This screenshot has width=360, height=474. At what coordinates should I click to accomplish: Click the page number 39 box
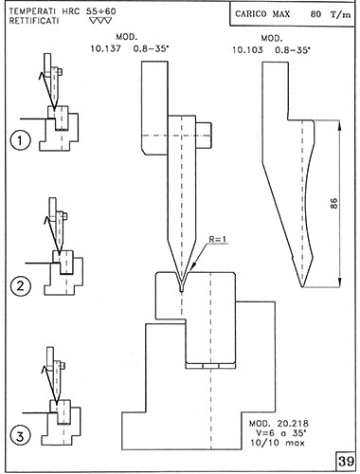(x=346, y=461)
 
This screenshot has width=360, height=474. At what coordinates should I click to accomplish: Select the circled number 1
(x=21, y=140)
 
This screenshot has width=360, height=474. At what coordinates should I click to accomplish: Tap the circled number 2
(x=21, y=286)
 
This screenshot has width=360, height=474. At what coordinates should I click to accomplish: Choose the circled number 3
(x=21, y=436)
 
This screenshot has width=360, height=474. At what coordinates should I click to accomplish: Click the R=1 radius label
(x=218, y=239)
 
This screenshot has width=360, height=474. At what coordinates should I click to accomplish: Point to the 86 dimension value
(x=333, y=204)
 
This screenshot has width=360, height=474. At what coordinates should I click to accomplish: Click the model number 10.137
(x=106, y=49)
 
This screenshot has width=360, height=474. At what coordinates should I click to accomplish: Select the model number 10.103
(x=247, y=50)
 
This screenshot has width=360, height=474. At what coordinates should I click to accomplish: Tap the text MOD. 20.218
(x=279, y=424)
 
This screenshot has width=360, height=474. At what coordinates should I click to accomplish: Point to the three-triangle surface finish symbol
(x=100, y=21)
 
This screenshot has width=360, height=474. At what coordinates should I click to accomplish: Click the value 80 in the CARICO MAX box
(x=315, y=14)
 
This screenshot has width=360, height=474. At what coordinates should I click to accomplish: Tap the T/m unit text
(x=341, y=14)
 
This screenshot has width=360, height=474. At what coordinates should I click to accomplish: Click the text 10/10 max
(x=278, y=443)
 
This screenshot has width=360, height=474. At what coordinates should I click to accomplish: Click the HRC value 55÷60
(x=101, y=11)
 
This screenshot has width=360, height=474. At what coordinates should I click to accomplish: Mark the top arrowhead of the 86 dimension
(x=339, y=125)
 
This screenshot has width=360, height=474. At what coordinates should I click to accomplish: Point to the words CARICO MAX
(x=262, y=14)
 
